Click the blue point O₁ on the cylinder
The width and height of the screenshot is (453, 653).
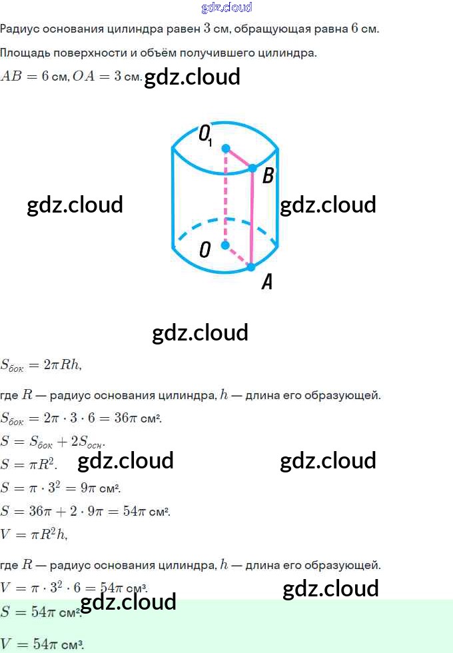tap(226, 148)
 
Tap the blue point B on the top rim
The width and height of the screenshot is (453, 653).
tap(252, 169)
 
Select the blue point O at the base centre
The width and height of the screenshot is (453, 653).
tap(225, 245)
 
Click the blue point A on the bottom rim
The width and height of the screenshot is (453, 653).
tap(251, 267)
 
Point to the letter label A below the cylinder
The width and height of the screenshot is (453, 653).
tap(266, 283)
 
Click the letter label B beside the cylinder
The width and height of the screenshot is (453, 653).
tap(268, 176)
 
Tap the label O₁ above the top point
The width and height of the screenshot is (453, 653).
tap(205, 135)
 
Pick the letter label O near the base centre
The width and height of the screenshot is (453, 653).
tap(205, 250)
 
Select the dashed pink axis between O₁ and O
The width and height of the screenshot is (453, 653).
tap(225, 197)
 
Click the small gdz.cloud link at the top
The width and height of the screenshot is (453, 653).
tap(226, 8)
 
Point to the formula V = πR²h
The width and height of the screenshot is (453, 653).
tap(33, 534)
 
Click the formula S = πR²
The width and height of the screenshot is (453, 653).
tap(29, 464)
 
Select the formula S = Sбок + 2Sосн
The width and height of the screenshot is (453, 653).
tap(53, 442)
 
